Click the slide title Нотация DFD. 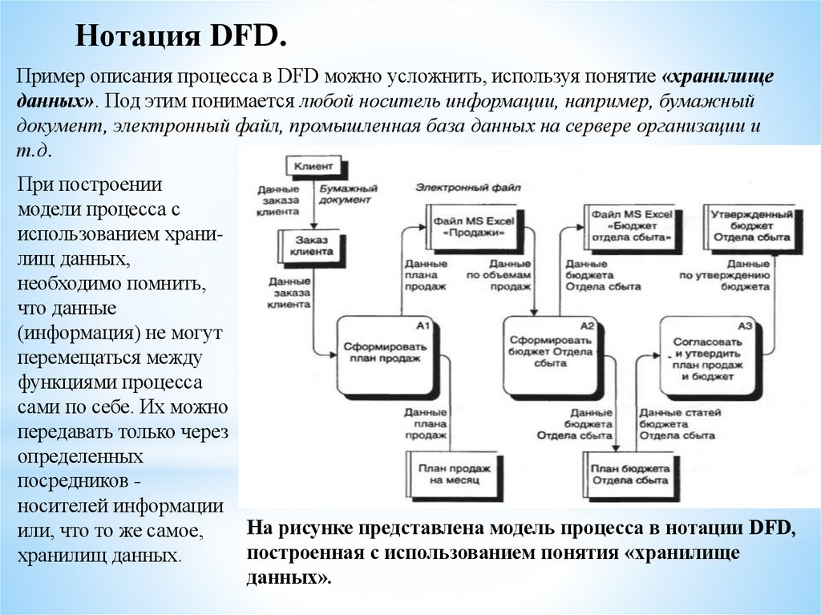point(181,37)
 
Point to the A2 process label point(587,326)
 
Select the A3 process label point(745,326)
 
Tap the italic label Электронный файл point(467,187)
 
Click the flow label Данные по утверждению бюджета point(724,274)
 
